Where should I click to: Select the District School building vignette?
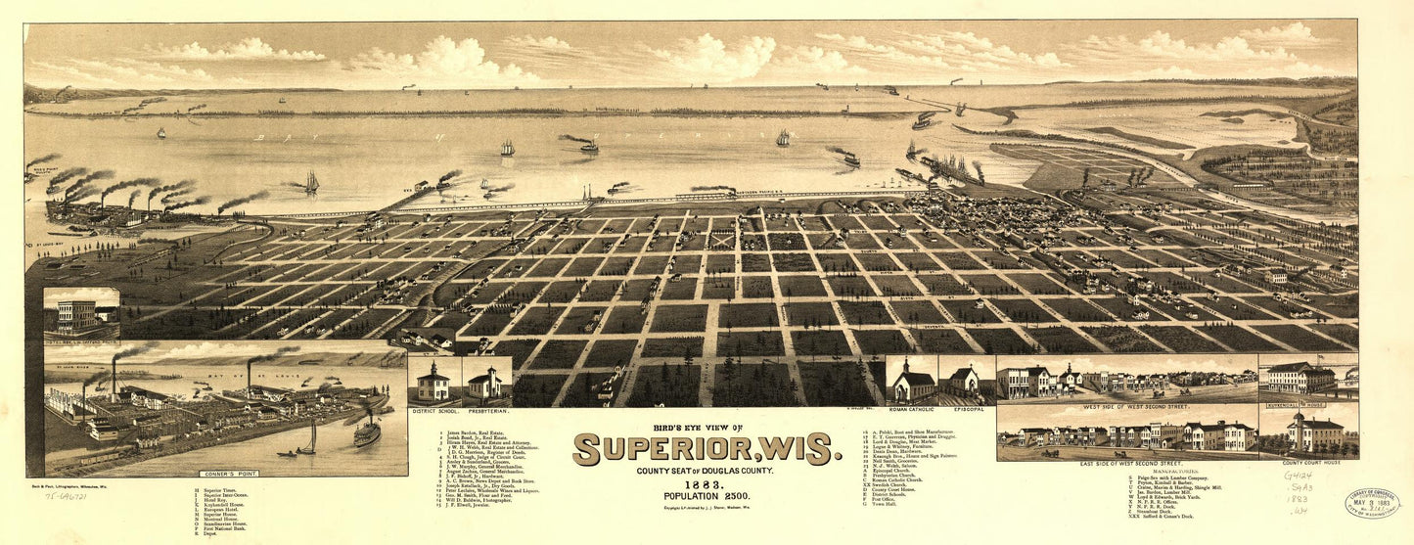433,382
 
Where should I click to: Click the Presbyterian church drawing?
484,383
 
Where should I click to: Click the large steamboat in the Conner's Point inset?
366,431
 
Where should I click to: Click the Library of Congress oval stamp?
1371,503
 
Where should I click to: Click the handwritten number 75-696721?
67,497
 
